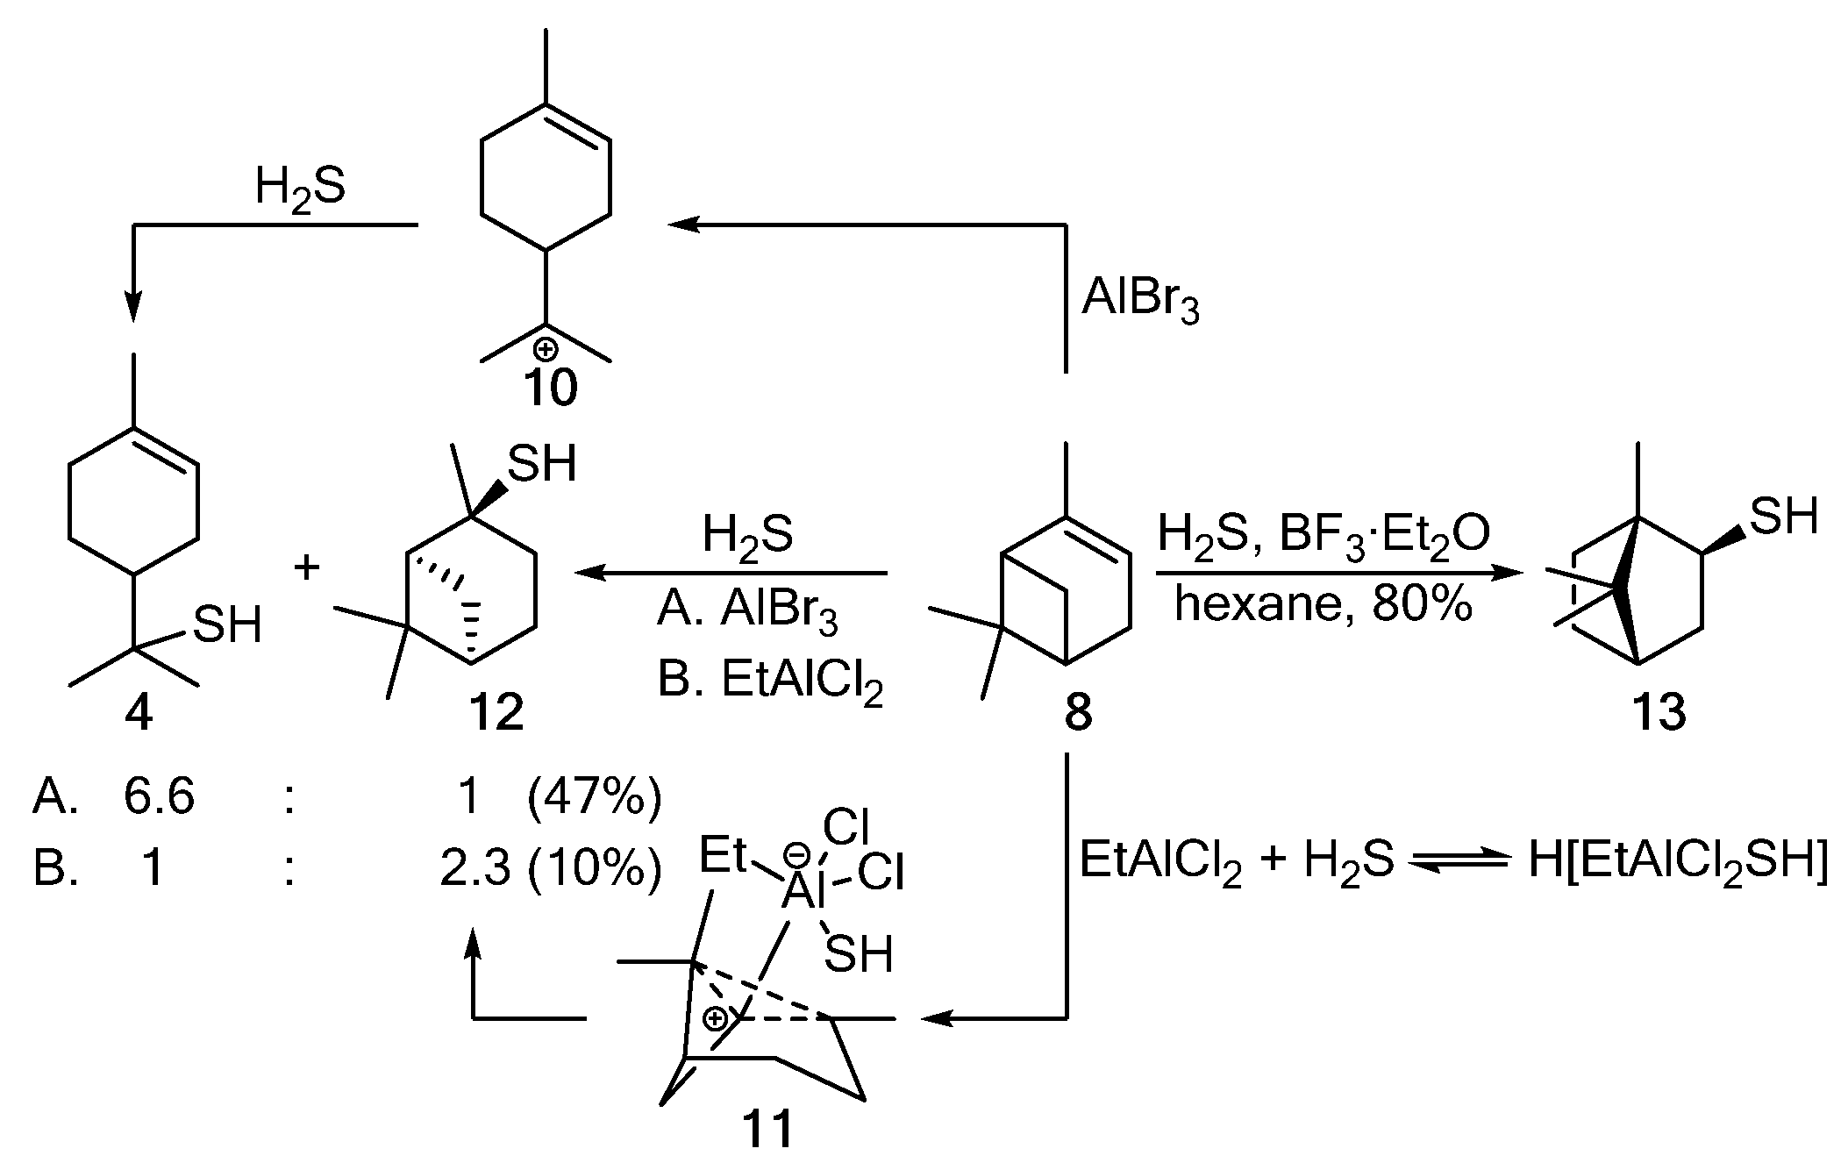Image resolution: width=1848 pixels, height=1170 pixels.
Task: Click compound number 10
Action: pyautogui.click(x=551, y=387)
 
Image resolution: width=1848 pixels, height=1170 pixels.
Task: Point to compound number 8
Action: pyautogui.click(x=1078, y=712)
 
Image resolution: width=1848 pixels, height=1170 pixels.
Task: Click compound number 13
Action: pyautogui.click(x=1659, y=712)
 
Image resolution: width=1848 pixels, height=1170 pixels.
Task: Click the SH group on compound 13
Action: pyautogui.click(x=1783, y=517)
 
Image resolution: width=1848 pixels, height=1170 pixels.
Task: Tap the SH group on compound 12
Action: pyautogui.click(x=542, y=464)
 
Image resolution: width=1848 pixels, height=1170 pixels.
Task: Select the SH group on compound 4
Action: pyautogui.click(x=227, y=624)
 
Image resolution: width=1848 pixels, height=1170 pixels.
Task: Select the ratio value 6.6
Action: pyautogui.click(x=159, y=797)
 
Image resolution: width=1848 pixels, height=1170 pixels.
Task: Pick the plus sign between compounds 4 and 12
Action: pyautogui.click(x=306, y=567)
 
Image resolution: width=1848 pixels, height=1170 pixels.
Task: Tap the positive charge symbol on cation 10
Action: pyautogui.click(x=546, y=348)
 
